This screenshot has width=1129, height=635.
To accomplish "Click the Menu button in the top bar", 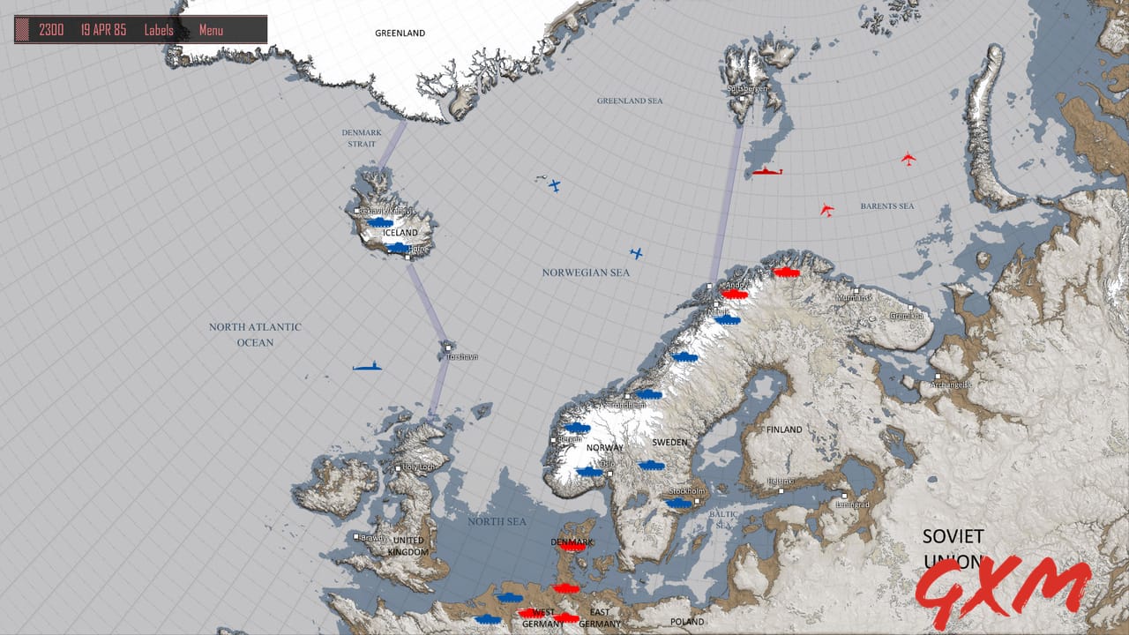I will click(211, 30).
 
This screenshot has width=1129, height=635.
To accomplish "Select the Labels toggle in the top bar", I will click(159, 30).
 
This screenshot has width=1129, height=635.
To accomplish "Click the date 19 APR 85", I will click(103, 30).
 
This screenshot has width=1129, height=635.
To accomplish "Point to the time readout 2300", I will click(51, 30).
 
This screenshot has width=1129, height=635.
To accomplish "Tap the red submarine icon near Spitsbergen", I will click(766, 171).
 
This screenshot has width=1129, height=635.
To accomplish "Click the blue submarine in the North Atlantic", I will click(368, 366).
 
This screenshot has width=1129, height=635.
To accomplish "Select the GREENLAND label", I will click(400, 34).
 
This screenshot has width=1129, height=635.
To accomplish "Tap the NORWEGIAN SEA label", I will click(586, 273).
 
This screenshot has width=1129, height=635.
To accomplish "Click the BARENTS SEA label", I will click(886, 206).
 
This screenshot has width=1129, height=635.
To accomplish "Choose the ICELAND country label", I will click(401, 233).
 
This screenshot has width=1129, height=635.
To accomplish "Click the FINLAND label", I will click(784, 430).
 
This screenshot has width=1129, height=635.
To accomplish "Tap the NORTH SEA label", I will click(497, 522).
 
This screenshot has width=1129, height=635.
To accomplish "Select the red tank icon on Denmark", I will click(572, 547).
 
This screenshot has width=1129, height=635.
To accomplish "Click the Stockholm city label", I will click(687, 491).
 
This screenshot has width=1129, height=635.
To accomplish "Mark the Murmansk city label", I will click(854, 298).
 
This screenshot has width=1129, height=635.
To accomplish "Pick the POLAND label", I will click(687, 622).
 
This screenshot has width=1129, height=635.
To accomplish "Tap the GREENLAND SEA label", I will click(630, 101).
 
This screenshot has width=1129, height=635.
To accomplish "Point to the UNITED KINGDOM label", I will click(408, 546).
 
